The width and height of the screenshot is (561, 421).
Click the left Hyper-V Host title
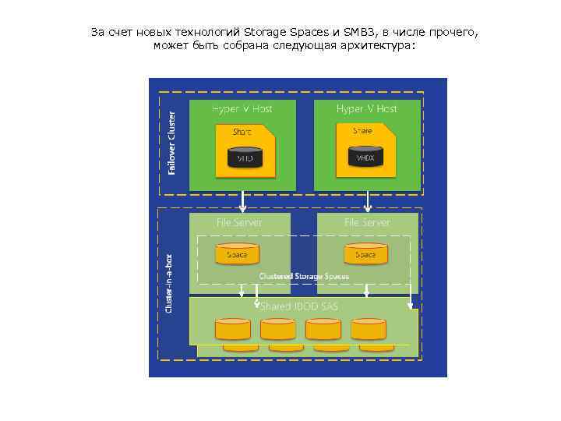(242, 108)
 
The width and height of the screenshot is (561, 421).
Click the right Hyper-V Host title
(366, 108)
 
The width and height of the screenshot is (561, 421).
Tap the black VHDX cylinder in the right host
(365, 157)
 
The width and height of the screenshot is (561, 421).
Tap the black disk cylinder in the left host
(245, 158)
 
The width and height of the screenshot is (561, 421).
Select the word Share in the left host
(242, 132)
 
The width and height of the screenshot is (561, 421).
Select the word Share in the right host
(362, 131)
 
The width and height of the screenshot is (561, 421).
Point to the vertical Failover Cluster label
(172, 141)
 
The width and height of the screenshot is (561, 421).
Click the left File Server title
(239, 222)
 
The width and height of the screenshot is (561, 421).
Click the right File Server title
(367, 222)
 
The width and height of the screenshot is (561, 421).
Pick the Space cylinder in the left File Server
(237, 254)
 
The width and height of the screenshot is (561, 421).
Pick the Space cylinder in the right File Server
(365, 254)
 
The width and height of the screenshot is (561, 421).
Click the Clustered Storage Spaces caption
(304, 276)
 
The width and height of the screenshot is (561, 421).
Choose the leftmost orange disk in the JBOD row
(232, 329)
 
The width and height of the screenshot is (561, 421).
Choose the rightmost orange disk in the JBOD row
(368, 329)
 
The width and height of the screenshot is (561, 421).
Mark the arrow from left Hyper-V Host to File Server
(244, 202)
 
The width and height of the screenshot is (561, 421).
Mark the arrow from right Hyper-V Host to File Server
(368, 202)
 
